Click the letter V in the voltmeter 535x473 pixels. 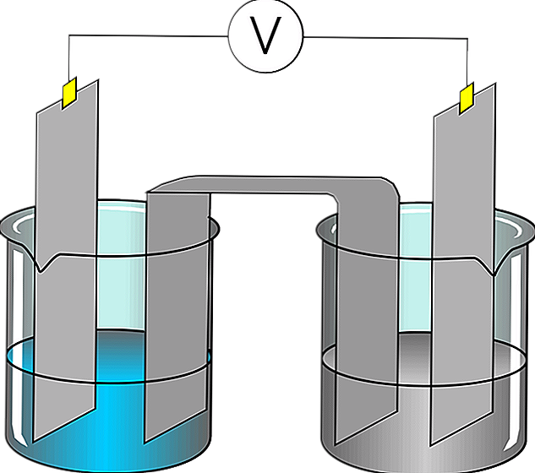pyautogui.click(x=266, y=35)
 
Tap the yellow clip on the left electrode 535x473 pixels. pyautogui.click(x=68, y=92)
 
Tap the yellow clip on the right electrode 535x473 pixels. pyautogui.click(x=465, y=98)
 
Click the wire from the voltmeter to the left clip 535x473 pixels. pyautogui.click(x=144, y=35)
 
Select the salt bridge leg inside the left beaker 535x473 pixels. pyautogui.click(x=177, y=338)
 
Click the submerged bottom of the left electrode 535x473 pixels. pyautogui.click(x=63, y=405)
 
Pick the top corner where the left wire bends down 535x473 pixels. pyautogui.click(x=69, y=35)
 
